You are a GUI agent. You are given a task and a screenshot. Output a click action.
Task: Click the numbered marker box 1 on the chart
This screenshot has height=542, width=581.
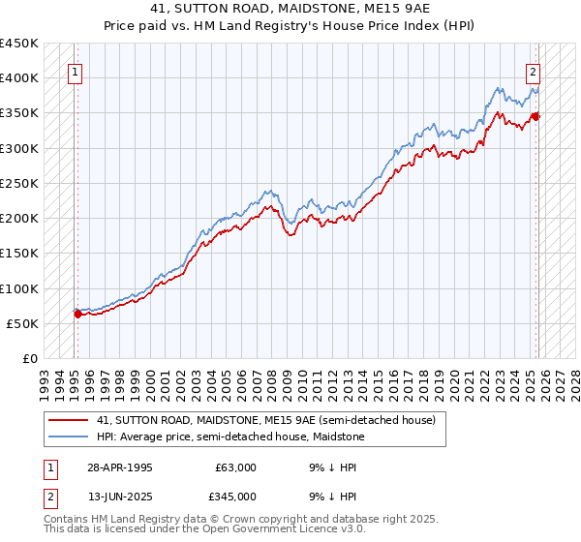click(76, 71)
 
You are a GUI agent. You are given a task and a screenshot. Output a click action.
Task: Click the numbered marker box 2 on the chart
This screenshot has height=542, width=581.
click(533, 71)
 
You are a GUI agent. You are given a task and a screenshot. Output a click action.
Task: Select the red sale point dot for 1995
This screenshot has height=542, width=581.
click(77, 314)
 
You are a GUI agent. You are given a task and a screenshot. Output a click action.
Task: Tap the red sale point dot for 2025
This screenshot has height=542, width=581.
click(535, 116)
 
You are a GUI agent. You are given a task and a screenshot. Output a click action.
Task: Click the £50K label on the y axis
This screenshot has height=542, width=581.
click(23, 323)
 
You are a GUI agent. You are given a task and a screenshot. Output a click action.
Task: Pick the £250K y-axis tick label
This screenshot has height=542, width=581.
click(19, 183)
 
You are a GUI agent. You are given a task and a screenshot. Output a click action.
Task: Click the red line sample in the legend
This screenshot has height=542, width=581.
click(67, 420)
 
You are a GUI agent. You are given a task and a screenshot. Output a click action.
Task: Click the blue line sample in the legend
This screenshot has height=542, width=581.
click(67, 437)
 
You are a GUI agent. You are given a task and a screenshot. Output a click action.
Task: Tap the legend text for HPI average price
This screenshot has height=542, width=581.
click(230, 437)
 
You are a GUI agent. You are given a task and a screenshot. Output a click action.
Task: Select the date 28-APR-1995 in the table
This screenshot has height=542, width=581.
click(118, 467)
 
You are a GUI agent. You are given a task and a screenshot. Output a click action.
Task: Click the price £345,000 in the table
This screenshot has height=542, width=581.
click(235, 497)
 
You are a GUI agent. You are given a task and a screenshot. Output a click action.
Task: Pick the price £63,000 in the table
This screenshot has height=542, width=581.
click(235, 467)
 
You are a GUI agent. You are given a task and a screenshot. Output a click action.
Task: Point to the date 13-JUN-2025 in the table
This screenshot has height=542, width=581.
click(118, 497)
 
